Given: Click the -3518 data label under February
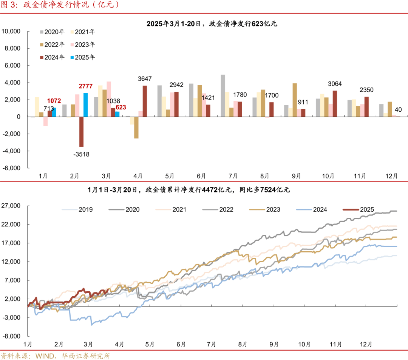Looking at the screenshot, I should (82, 154).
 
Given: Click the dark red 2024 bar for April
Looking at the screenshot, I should (145, 101).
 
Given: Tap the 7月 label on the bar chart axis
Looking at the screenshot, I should (233, 176).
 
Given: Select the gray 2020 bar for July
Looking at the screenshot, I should (223, 95).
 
